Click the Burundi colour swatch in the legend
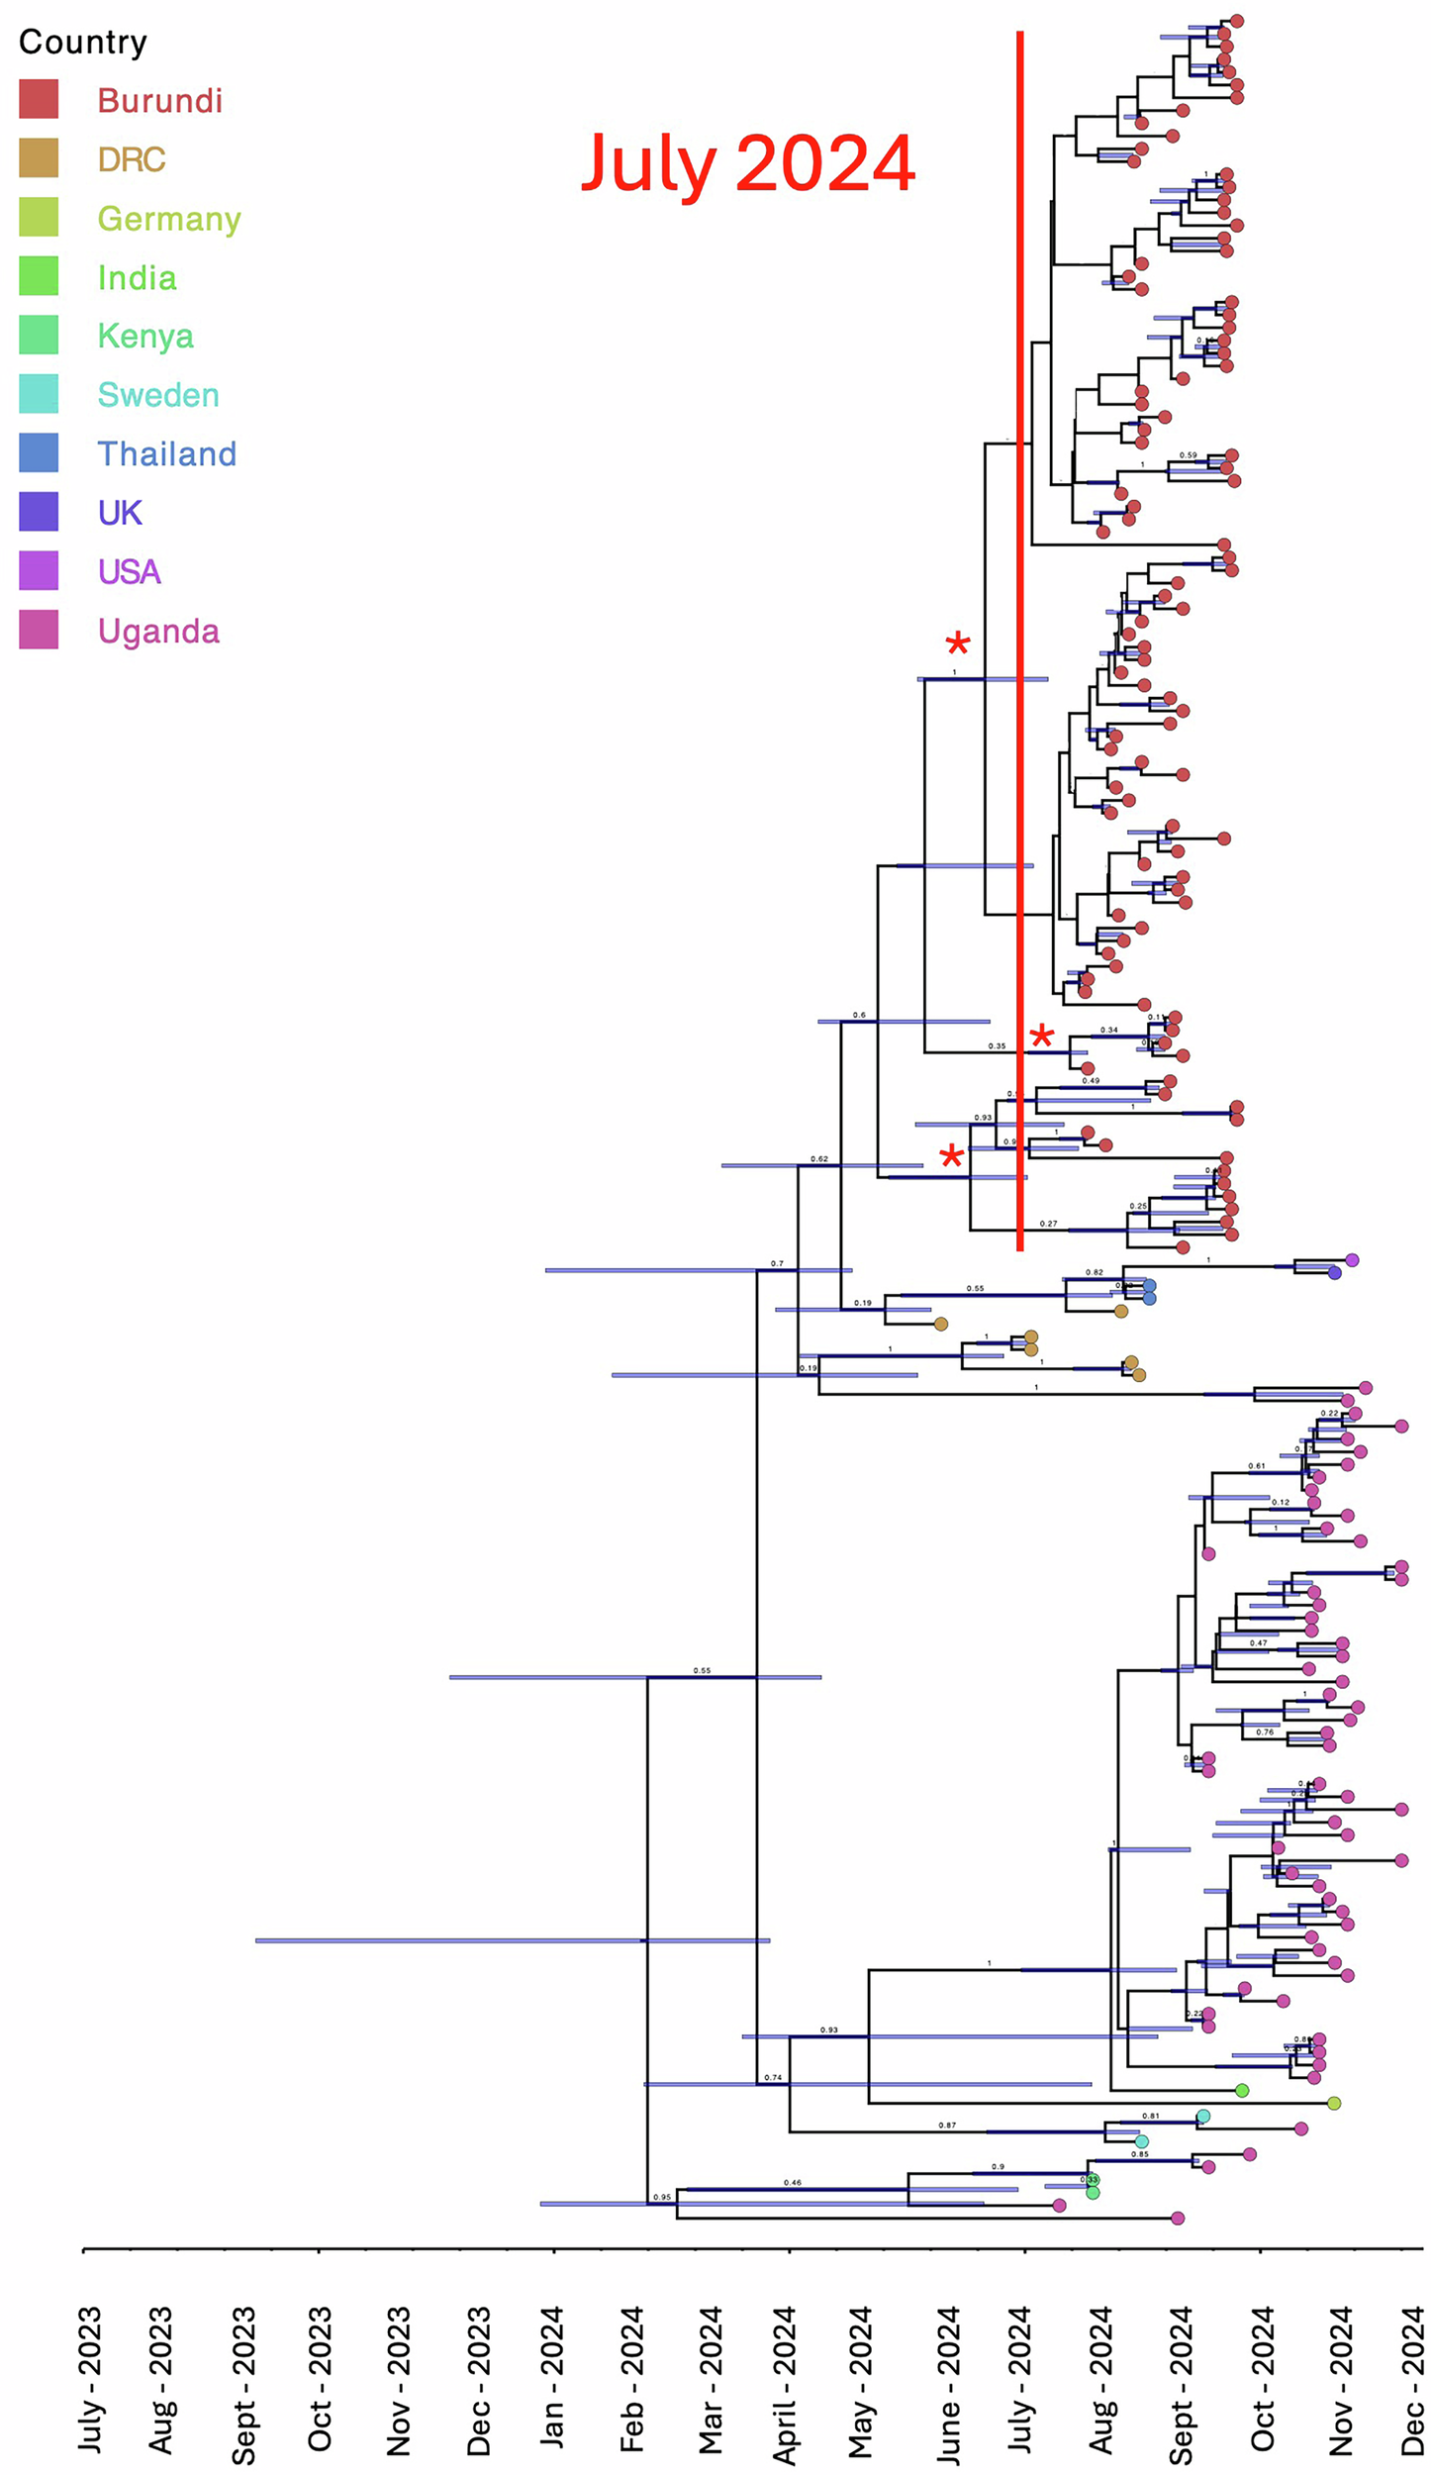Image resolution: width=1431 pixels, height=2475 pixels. coord(39,99)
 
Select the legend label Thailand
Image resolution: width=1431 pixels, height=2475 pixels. coord(166,453)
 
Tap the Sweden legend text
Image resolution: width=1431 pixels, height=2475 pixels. coord(158,395)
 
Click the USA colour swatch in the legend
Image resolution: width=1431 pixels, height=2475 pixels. coord(39,570)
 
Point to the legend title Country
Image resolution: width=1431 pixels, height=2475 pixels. coord(83,42)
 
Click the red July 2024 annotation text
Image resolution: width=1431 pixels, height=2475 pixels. coord(747,163)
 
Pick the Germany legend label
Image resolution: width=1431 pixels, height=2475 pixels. coord(169,218)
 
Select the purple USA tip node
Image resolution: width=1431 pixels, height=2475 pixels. coord(1352,1260)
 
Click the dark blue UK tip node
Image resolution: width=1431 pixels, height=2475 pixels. coord(1335,1273)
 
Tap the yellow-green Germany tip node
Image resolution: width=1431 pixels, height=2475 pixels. coord(1334,2103)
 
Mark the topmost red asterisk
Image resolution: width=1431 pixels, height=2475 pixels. coord(957,645)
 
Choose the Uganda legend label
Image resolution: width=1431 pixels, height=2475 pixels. coord(158,631)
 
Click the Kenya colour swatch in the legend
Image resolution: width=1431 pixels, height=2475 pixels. coord(39,335)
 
